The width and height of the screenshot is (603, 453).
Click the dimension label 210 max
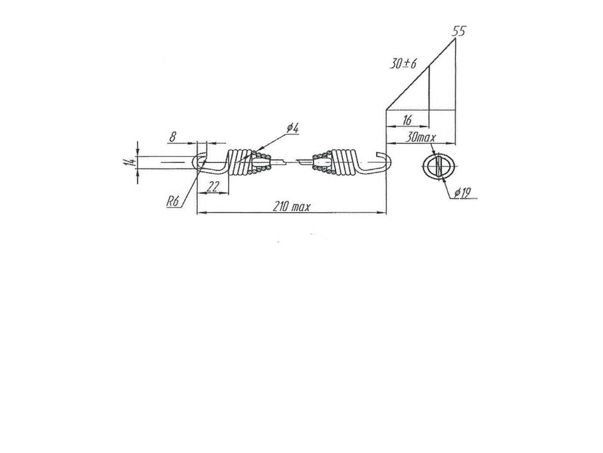[291, 207]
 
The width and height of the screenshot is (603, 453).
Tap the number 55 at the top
[459, 31]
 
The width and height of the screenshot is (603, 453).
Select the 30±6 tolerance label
[403, 64]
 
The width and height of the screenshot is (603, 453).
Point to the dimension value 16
[406, 120]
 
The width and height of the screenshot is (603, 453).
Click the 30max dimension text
[421, 137]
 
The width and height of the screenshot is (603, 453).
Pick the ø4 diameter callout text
[293, 128]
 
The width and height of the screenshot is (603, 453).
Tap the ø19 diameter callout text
[462, 193]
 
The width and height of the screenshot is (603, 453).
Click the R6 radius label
[173, 201]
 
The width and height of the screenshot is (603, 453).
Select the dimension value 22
[213, 187]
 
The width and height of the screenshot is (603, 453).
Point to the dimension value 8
[173, 137]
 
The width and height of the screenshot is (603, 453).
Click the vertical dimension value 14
[129, 162]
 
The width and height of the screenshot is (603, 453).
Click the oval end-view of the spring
[440, 166]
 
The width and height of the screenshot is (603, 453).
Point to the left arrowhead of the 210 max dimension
[201, 212]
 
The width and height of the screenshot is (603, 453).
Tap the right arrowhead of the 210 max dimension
[382, 212]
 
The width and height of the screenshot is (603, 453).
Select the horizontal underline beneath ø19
[464, 199]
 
